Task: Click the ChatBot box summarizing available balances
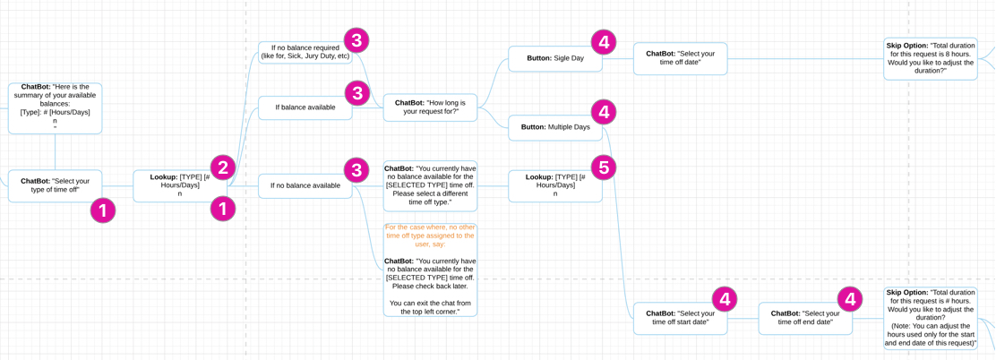coord(55,108)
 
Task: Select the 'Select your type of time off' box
coord(55,185)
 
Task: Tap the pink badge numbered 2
coord(223,167)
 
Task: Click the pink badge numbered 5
coord(604,167)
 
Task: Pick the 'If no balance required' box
coord(305,52)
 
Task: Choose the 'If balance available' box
coord(305,107)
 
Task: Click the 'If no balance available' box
coord(305,186)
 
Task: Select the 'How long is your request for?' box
coord(430,107)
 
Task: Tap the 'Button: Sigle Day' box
coord(554,59)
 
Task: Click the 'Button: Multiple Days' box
coord(554,127)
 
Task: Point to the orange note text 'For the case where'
coord(430,236)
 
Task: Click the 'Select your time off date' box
coord(680,58)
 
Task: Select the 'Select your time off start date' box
coord(680,319)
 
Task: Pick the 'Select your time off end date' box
coord(805,319)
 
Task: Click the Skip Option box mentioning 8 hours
coord(930,58)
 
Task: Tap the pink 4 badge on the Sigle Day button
coord(604,41)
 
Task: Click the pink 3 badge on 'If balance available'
coord(357,93)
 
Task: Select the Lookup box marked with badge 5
coord(554,186)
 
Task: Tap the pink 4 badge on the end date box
coord(849,299)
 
